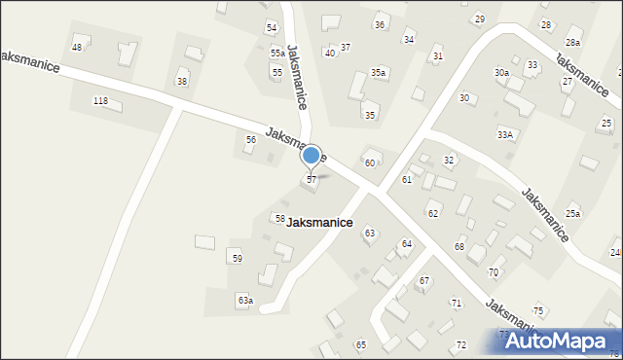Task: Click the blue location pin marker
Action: (311, 156)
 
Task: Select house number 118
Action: (99, 101)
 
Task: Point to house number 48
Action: (77, 47)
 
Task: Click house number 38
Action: (181, 81)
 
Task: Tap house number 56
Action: (250, 140)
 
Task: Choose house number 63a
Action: (244, 301)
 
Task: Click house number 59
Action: (237, 258)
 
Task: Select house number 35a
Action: (378, 73)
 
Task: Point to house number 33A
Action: (504, 134)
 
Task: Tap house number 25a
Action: (573, 213)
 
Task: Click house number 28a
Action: (573, 43)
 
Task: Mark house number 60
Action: (370, 162)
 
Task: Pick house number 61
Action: (406, 180)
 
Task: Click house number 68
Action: (459, 246)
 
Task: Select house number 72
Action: (460, 345)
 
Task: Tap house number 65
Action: (360, 344)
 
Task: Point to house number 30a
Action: (501, 73)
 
